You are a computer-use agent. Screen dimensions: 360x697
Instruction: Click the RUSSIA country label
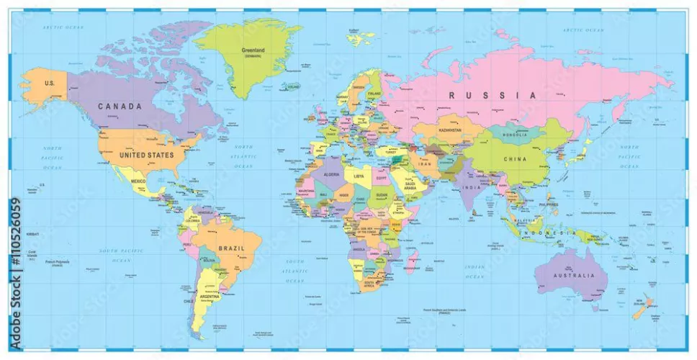tap(493, 95)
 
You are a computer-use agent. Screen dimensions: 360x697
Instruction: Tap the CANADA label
tap(120, 107)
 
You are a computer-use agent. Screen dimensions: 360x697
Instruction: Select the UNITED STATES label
tap(147, 155)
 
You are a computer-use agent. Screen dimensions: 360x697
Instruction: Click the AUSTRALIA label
tap(574, 276)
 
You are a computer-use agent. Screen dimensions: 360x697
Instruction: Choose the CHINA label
tap(515, 158)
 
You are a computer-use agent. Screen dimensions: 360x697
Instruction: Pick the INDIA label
tap(471, 188)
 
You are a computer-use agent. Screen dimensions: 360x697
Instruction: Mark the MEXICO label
tap(138, 181)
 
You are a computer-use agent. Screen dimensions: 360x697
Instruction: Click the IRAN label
tap(425, 164)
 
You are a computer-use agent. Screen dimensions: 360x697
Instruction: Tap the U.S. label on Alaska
tap(50, 84)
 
